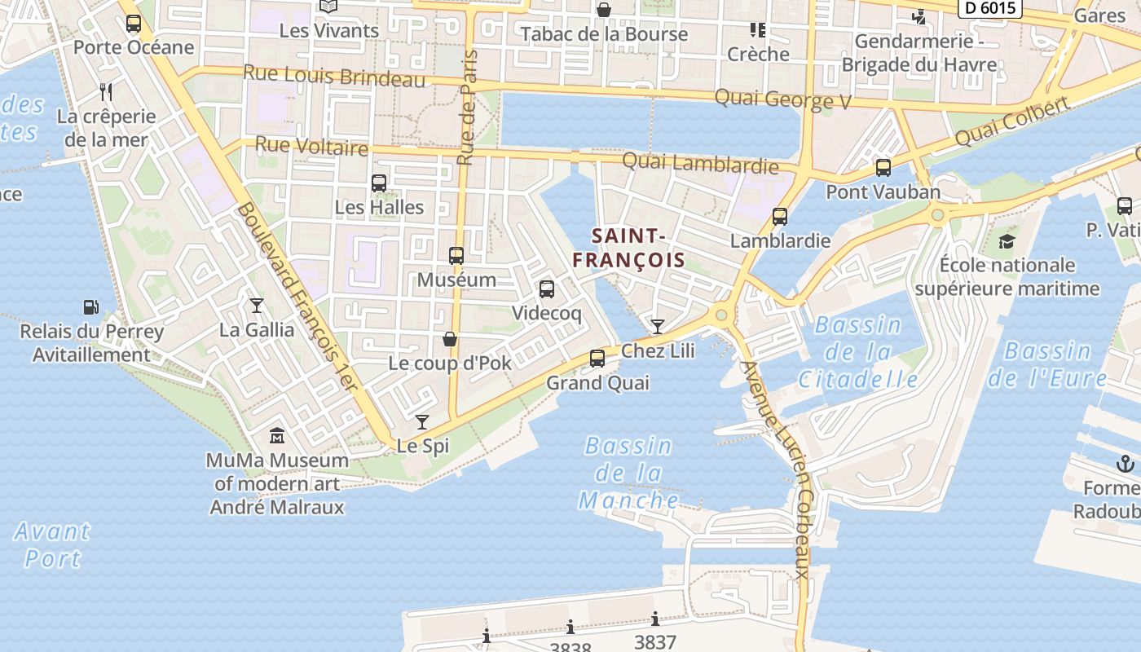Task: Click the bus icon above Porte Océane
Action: click(134, 24)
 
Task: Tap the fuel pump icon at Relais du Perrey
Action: click(91, 307)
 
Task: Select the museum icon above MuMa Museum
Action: click(277, 436)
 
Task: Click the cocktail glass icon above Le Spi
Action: click(422, 421)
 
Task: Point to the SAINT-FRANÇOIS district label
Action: click(628, 248)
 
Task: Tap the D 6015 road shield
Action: click(989, 7)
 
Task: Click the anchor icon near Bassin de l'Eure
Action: click(1125, 465)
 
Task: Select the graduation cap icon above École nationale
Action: click(1007, 241)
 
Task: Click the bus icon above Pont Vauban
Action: click(883, 169)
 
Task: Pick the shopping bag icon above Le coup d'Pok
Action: click(449, 339)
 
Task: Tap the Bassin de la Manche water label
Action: click(628, 473)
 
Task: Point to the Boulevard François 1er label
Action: click(298, 297)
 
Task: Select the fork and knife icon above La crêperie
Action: click(105, 91)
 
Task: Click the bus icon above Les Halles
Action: click(379, 183)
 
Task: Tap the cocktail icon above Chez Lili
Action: click(658, 327)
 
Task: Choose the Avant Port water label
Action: click(52, 544)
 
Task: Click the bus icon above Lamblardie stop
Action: click(780, 217)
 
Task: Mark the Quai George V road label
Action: click(782, 99)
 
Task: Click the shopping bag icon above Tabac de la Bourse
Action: click(604, 11)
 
